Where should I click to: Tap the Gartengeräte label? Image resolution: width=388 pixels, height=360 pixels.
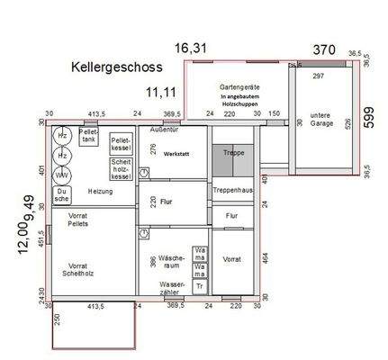[237, 87]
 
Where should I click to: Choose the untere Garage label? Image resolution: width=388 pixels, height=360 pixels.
[321, 120]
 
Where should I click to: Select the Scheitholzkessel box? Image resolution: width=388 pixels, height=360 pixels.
[122, 168]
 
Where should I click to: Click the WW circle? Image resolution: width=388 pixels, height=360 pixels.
[62, 174]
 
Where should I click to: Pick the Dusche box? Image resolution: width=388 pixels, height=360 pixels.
[62, 195]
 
